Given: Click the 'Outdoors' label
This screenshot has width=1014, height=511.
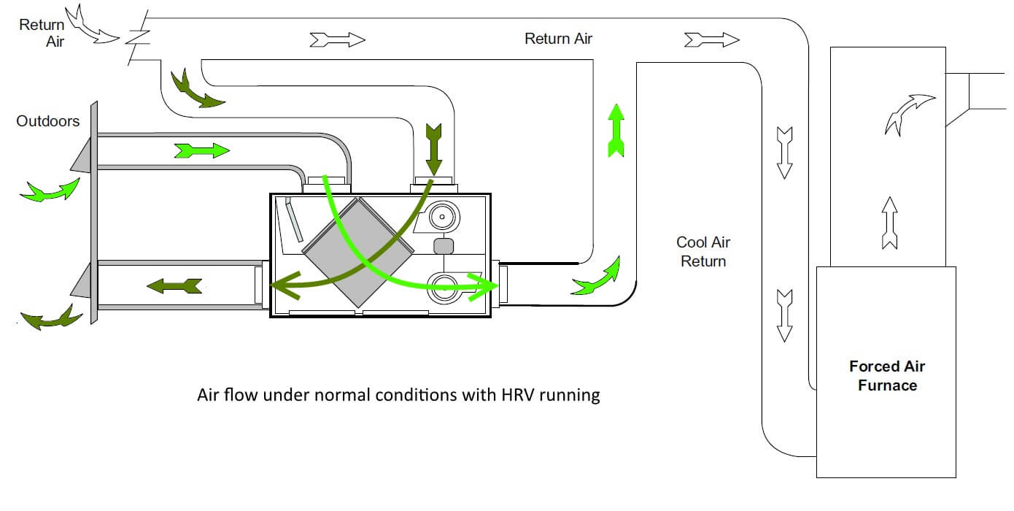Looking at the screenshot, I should [48, 121].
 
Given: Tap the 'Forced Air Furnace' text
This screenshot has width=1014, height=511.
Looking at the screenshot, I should [887, 376].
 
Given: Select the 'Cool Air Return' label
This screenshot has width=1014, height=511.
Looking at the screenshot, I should [703, 251].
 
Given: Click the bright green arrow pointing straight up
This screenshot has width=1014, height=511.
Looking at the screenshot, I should [616, 130].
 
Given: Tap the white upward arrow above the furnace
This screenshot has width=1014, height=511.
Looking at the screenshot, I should [889, 223].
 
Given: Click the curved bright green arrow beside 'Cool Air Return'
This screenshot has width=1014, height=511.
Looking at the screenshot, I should [596, 277].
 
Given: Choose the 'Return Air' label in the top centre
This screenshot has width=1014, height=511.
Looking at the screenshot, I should [558, 39].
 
